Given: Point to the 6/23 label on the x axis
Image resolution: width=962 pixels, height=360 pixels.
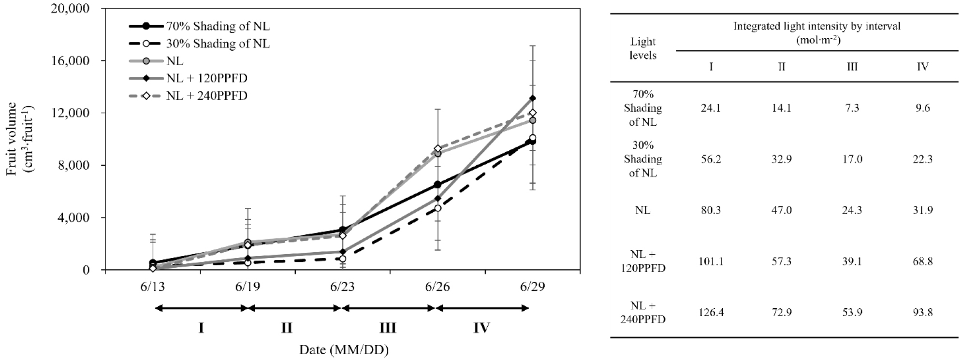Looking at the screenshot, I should click(x=342, y=287).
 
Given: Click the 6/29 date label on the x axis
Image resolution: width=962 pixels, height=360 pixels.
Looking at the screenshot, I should click(x=532, y=287).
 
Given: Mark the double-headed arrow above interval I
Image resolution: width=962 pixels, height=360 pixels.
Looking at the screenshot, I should click(x=201, y=308).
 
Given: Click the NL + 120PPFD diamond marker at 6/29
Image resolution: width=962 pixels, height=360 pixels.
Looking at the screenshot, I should click(x=532, y=98).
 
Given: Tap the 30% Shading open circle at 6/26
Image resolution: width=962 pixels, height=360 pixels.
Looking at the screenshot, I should click(x=437, y=208).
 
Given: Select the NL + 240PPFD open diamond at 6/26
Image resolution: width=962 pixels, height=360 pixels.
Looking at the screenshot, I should click(x=437, y=149).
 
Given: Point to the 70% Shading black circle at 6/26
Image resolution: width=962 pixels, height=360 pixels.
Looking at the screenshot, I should click(x=437, y=185).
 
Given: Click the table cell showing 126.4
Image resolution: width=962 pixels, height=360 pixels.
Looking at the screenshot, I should click(x=711, y=312).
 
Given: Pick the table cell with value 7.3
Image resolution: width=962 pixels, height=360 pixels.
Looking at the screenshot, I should click(x=852, y=108).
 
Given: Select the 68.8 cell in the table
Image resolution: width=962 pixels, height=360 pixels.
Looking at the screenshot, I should click(x=922, y=261).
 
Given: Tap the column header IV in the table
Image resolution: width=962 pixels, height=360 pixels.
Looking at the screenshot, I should click(x=922, y=66).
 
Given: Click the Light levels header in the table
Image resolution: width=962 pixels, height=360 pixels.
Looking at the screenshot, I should click(x=643, y=48).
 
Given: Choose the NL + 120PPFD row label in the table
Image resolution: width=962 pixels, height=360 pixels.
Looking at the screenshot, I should click(x=643, y=261).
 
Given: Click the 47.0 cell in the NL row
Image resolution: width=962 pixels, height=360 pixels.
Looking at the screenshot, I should click(x=781, y=210).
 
